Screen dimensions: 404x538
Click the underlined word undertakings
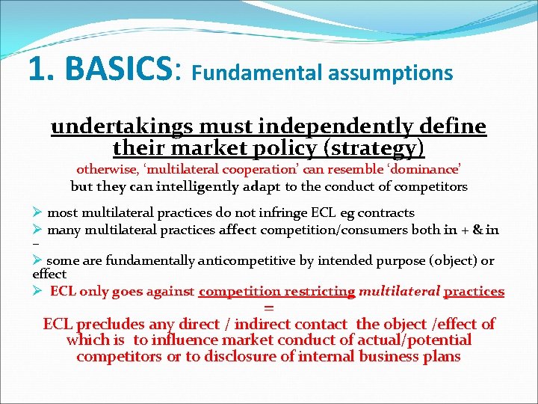pos(111,126)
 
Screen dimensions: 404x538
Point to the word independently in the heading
pos(334,126)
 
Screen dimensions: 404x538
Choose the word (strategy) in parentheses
pos(374,147)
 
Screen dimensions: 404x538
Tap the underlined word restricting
pos(318,291)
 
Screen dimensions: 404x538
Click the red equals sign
pos(269,307)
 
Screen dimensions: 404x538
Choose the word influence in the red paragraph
pos(182,340)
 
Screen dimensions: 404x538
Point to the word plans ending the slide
pos(441,357)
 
